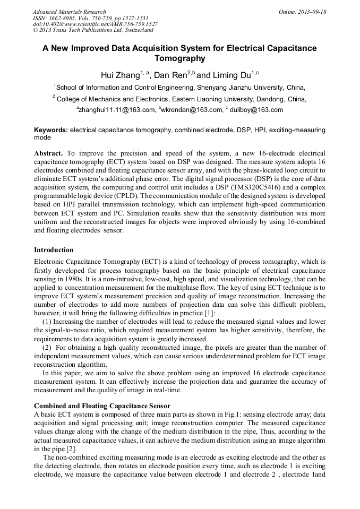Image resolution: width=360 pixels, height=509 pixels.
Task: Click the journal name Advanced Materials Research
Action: click(69, 12)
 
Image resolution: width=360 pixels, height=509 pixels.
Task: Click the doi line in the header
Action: click(95, 24)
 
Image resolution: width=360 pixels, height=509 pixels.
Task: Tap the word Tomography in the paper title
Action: click(179, 58)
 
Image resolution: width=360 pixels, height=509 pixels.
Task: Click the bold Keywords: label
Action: click(51, 130)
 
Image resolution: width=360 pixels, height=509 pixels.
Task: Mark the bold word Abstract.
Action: click(48, 152)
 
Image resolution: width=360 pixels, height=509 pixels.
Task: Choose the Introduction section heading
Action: click(54, 249)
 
